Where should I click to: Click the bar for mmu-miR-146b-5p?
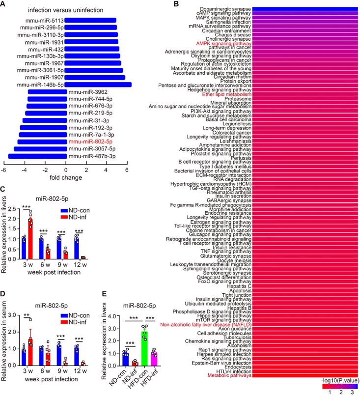[99, 85]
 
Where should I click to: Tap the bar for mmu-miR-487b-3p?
[37, 156]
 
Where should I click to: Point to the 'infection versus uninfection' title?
[63, 10]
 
